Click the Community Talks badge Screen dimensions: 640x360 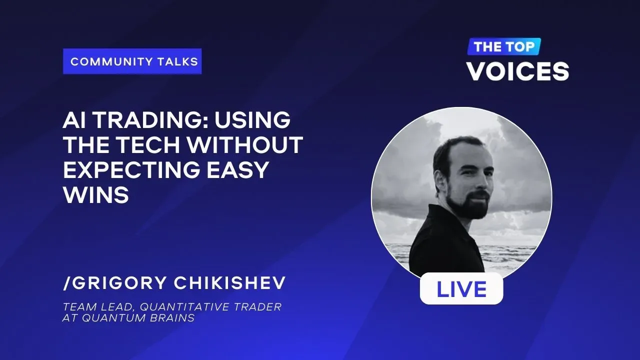point(132,61)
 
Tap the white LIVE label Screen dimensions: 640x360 point(461,288)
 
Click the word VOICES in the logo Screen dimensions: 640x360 point(518,71)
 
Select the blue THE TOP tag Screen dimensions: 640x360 point(504,46)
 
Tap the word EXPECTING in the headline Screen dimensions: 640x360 point(131,169)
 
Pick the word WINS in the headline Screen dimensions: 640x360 point(96,194)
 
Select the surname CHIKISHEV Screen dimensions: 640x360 point(229,282)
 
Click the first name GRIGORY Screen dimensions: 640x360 point(119,282)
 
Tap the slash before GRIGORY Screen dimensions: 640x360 point(66,283)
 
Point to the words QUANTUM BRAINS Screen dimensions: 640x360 point(138,317)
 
